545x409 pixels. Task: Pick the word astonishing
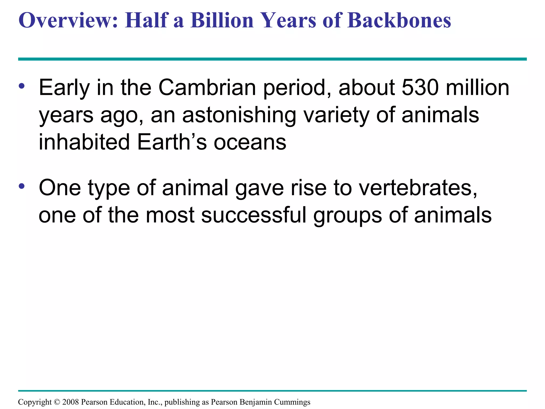pos(239,115)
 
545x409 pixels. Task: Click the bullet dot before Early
pos(22,86)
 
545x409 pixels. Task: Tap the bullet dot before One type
pos(22,186)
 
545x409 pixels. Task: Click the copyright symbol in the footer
pos(57,402)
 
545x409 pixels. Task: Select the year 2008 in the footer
pos(71,402)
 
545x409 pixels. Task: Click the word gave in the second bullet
pos(259,188)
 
